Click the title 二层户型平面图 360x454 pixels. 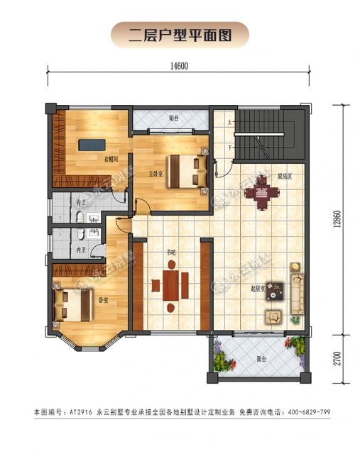(x=180, y=34)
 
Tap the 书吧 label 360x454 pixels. (x=171, y=252)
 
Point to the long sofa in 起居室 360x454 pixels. (x=296, y=289)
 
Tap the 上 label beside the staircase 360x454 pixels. (x=229, y=123)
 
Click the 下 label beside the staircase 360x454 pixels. (x=229, y=147)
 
